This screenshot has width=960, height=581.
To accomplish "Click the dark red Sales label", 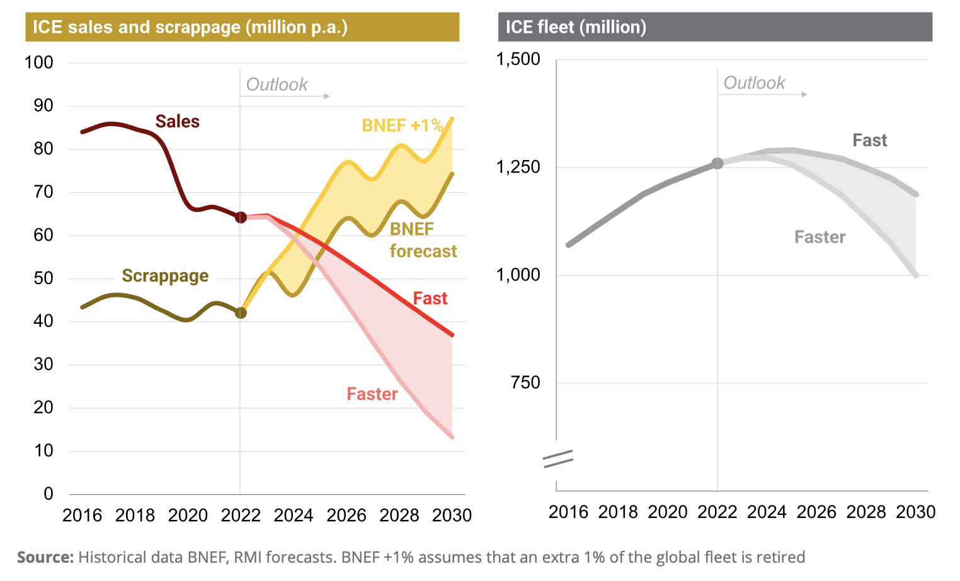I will point(177,122).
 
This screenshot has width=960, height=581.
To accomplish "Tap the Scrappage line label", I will point(165,276).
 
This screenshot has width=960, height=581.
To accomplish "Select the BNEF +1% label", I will point(403,125).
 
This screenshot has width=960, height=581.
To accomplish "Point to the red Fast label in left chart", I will point(430,298).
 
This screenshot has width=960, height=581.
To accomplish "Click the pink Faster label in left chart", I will point(372,394).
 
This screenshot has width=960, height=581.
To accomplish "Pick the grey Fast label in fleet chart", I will point(869,141).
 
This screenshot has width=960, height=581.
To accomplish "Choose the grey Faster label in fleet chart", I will point(820,237).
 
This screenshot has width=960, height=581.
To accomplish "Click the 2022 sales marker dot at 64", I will point(241,217).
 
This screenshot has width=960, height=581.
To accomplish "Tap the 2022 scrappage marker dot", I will point(241,313).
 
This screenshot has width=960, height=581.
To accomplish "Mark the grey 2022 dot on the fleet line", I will point(717,164).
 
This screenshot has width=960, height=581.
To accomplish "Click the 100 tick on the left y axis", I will point(38,62).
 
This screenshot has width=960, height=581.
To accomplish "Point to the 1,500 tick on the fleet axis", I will point(518,59).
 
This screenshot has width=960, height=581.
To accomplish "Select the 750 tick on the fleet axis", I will point(525,383).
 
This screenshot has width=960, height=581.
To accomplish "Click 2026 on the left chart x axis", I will point(346,515).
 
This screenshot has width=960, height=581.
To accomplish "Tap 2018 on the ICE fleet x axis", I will point(618,512).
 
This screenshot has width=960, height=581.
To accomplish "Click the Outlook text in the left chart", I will point(277,84).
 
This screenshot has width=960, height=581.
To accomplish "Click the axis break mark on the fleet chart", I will point(558,459).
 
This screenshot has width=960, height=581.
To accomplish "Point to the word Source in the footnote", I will point(45,558).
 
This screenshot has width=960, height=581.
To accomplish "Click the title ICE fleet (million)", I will point(576,27).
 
